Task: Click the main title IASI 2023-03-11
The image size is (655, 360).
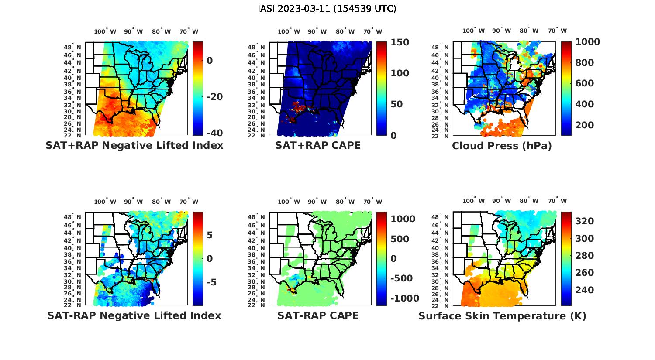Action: pyautogui.click(x=327, y=9)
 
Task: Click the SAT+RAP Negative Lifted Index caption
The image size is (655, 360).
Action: pyautogui.click(x=134, y=146)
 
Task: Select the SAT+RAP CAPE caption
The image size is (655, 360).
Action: pyautogui.click(x=318, y=146)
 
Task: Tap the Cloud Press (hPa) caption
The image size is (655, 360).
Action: pyautogui.click(x=502, y=146)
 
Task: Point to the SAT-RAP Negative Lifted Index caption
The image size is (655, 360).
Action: pyautogui.click(x=134, y=315)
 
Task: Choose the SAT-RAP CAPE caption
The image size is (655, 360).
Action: pyautogui.click(x=318, y=315)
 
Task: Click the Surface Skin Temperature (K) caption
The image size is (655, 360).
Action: pyautogui.click(x=502, y=315)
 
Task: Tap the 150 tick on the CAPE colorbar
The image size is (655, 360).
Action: pyautogui.click(x=400, y=42)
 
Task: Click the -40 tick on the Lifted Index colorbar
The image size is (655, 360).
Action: pyautogui.click(x=214, y=133)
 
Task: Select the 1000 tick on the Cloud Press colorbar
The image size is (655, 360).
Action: pyautogui.click(x=587, y=42)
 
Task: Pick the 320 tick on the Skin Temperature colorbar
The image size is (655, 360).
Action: pyautogui.click(x=584, y=221)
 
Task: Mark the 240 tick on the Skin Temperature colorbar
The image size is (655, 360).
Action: pyautogui.click(x=584, y=290)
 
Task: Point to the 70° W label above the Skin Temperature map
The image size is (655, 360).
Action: pyautogui.click(x=557, y=201)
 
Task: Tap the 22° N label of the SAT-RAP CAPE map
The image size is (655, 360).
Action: pyautogui.click(x=256, y=305)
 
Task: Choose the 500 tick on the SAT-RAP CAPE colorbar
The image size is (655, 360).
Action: pyautogui.click(x=400, y=239)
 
